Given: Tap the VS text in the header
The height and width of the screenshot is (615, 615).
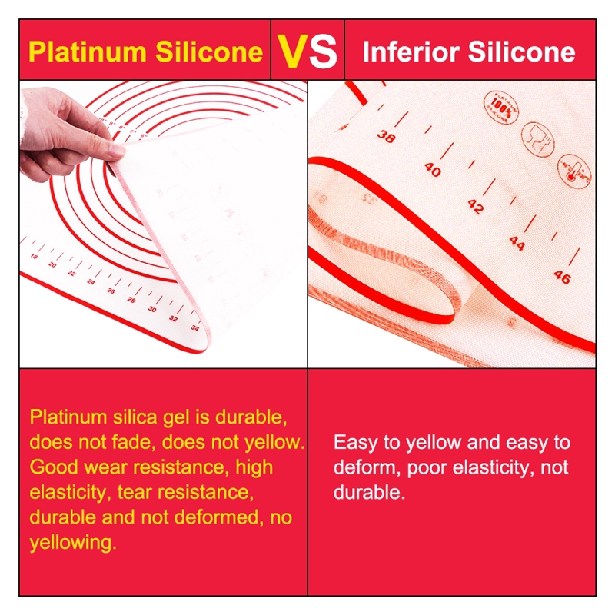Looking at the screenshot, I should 307,52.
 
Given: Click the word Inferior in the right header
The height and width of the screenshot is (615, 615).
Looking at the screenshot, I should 407,52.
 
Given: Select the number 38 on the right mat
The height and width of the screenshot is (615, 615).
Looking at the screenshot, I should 387,135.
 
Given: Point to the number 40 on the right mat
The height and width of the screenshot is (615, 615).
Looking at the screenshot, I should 432,170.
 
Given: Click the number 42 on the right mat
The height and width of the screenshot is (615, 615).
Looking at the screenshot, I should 476,207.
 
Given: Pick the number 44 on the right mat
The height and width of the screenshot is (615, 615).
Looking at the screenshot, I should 517,243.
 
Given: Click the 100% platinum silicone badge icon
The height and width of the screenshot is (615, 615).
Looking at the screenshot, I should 501,104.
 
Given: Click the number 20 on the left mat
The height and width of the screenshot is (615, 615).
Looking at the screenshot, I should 52,264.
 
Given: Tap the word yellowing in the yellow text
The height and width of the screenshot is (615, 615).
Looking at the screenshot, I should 73,543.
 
